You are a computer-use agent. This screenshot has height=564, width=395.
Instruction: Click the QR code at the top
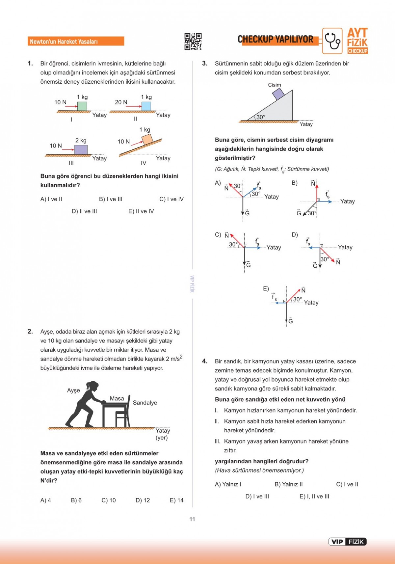click(x=193, y=41)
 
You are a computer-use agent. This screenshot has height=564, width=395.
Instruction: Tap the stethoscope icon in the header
click(x=332, y=41)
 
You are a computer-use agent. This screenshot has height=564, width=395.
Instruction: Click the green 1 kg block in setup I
click(x=82, y=106)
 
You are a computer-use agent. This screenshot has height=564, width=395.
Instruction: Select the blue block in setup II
click(x=146, y=106)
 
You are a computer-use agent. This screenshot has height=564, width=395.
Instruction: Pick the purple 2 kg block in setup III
click(x=81, y=149)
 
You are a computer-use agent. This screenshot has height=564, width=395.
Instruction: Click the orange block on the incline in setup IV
click(x=147, y=139)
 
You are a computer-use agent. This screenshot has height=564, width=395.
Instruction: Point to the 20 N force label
click(x=121, y=102)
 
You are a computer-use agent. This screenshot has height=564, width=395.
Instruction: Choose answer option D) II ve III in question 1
click(x=84, y=211)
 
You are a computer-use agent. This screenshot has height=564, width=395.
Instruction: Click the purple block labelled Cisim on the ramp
click(x=278, y=94)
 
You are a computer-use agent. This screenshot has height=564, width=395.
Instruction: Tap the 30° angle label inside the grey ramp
click(x=261, y=117)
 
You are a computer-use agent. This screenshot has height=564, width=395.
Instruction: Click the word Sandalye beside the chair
click(x=145, y=403)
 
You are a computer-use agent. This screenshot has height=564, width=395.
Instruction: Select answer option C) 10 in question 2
click(x=109, y=500)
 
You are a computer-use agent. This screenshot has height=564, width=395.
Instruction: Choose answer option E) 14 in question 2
click(x=176, y=500)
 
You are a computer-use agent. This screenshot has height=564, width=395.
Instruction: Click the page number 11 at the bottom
click(x=192, y=519)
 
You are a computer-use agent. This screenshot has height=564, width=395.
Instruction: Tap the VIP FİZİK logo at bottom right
click(x=347, y=542)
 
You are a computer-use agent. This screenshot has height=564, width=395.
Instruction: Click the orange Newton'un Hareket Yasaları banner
click(x=76, y=41)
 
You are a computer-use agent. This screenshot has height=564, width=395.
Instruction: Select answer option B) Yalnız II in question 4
click(x=289, y=484)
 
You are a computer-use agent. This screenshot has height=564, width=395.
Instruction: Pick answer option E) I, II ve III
click(x=314, y=497)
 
